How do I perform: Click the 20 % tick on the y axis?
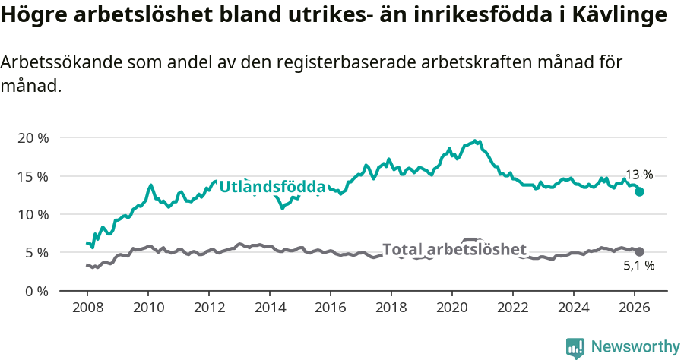32,138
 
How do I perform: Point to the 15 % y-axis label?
32,176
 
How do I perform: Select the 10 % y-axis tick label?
32,214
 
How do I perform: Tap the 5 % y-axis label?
36,252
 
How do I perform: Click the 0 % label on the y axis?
36,291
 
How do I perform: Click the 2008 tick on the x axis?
87,308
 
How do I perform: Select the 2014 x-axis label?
270,308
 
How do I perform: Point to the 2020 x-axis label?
452,308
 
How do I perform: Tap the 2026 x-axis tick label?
635,308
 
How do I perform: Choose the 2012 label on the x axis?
209,308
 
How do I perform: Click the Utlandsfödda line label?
272,187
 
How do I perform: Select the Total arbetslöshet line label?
454,250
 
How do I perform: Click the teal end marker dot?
640,191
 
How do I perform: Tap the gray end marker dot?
640,251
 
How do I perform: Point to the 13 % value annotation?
638,175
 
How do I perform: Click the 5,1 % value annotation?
638,267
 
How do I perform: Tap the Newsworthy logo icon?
575,348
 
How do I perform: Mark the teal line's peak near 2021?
475,141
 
